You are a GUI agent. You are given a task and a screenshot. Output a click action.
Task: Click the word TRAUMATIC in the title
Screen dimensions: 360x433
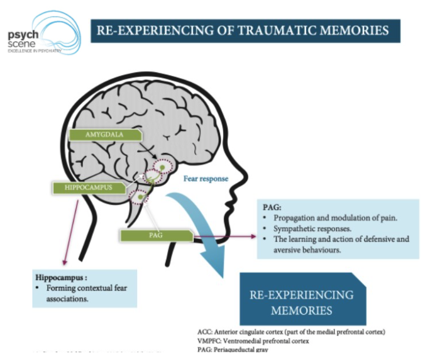click(261, 31)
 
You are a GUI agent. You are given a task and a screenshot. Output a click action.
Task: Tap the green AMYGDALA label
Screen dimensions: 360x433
click(105, 135)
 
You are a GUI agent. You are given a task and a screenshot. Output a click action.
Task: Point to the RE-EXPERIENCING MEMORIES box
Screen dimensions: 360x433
click(302, 301)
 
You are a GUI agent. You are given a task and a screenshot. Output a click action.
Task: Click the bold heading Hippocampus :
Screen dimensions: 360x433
click(61, 276)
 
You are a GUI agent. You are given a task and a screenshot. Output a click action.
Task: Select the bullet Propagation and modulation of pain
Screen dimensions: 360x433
click(335, 218)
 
